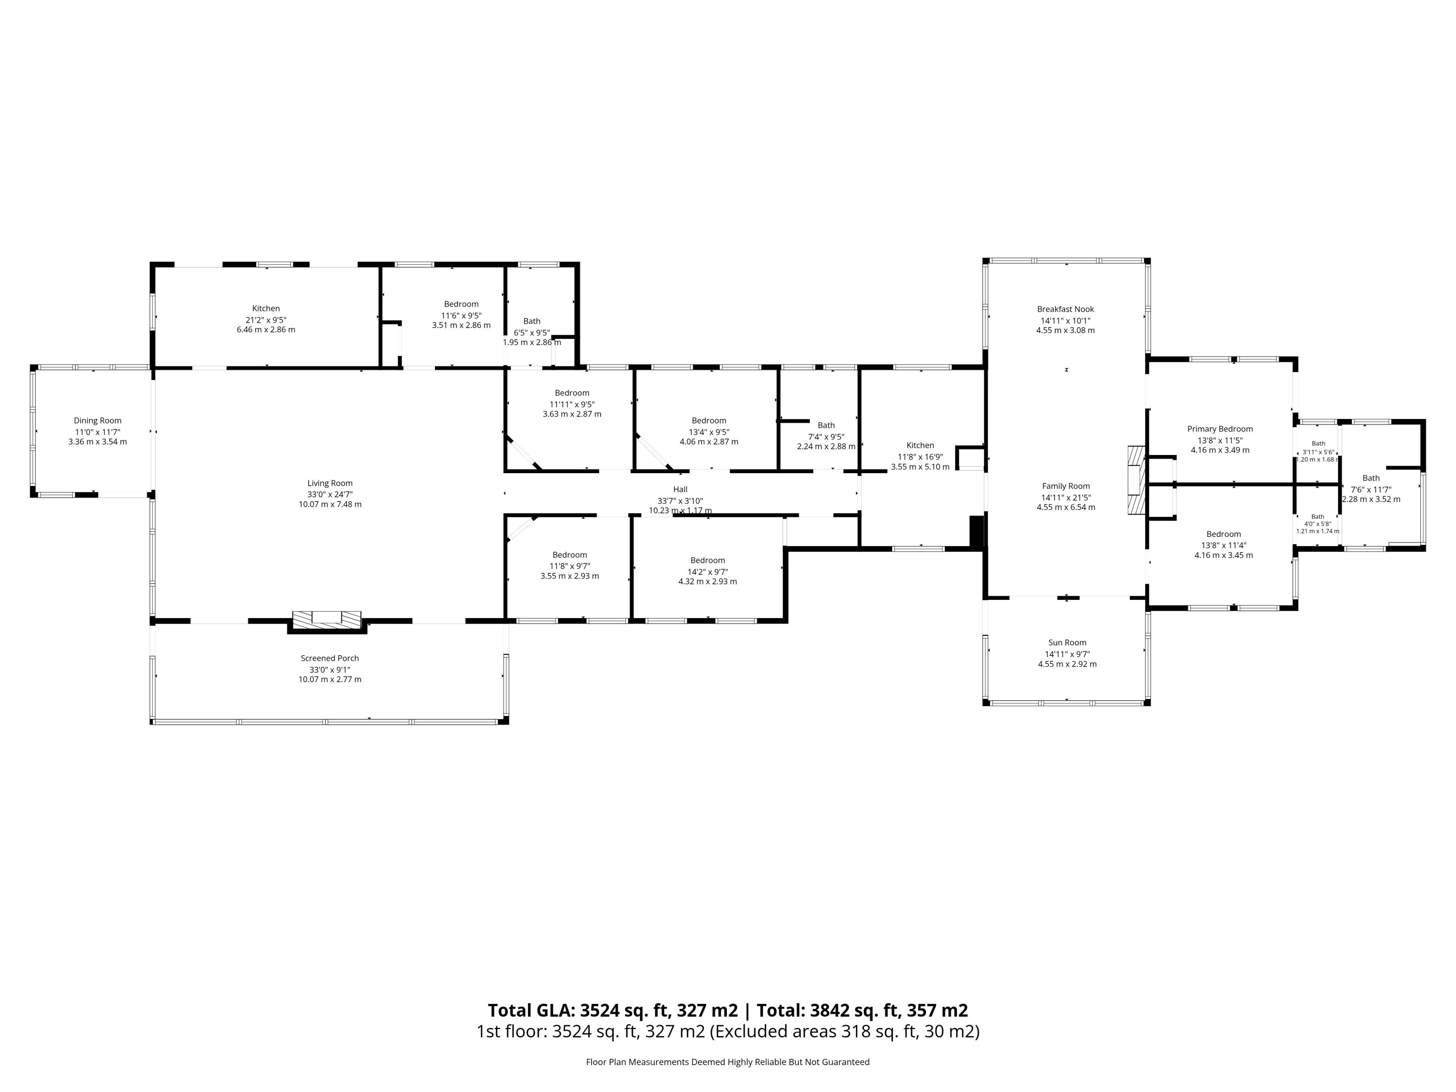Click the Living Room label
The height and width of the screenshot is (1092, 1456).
pyautogui.click(x=330, y=483)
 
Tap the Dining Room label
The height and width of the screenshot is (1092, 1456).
pyautogui.click(x=97, y=420)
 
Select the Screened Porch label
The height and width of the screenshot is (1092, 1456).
pyautogui.click(x=330, y=658)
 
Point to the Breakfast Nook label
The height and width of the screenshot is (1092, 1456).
pyautogui.click(x=1066, y=309)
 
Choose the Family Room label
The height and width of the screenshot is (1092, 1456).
pyautogui.click(x=1066, y=486)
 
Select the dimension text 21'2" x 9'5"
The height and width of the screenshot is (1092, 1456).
pyautogui.click(x=266, y=319)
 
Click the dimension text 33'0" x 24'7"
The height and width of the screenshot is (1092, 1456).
pyautogui.click(x=330, y=494)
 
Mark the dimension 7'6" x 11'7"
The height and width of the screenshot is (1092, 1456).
pyautogui.click(x=1371, y=489)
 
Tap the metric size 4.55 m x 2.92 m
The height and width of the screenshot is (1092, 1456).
pyautogui.click(x=1067, y=664)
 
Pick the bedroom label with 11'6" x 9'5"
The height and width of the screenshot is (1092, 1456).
pyautogui.click(x=461, y=304)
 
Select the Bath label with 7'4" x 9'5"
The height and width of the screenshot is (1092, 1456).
pyautogui.click(x=826, y=425)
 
